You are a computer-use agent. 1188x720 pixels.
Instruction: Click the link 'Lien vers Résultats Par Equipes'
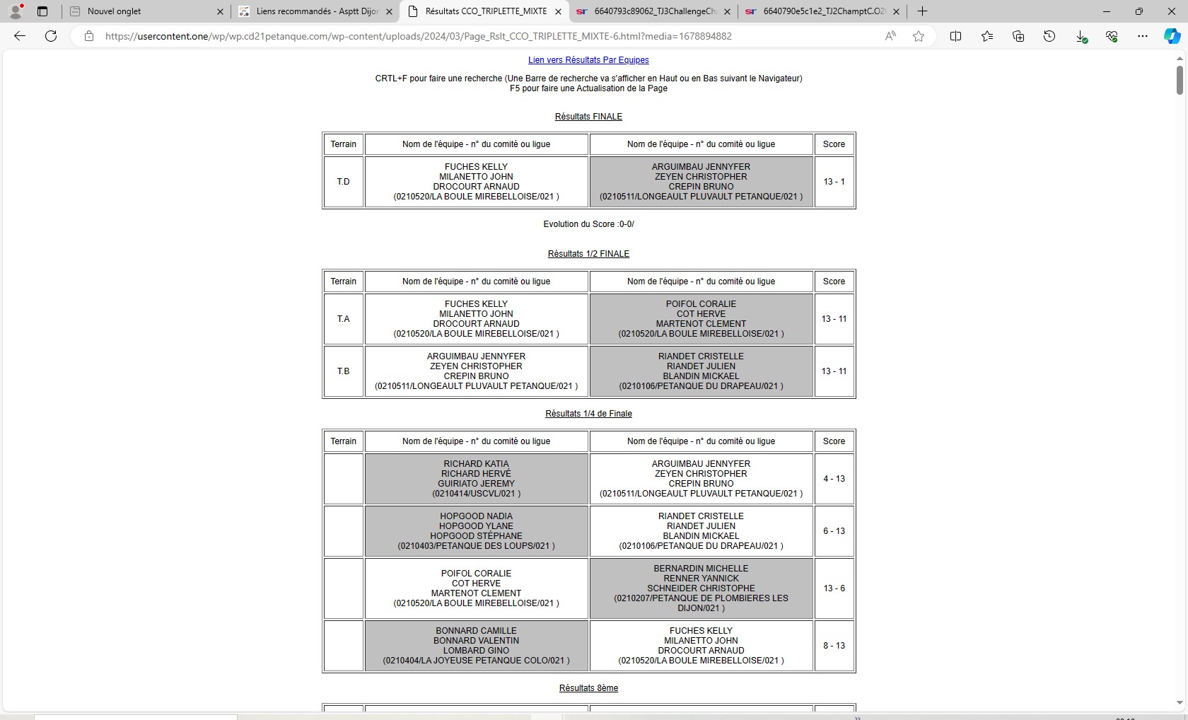tap(588, 60)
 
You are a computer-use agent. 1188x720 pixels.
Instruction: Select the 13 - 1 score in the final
tap(834, 182)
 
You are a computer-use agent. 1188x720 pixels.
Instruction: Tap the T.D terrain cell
tap(343, 182)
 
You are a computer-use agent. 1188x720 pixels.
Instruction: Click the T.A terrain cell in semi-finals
tap(343, 319)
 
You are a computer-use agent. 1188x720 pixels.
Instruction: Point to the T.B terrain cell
tap(343, 371)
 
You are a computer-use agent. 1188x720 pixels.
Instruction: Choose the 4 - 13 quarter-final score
tap(834, 479)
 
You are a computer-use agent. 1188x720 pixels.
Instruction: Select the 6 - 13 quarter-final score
tap(834, 531)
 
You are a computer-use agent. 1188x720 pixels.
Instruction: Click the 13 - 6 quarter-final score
tap(834, 588)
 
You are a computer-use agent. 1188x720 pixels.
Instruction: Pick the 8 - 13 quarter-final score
tap(834, 646)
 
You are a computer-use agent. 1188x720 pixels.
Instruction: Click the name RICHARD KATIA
tap(476, 464)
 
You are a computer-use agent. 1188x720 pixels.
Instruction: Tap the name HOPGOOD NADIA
tap(476, 516)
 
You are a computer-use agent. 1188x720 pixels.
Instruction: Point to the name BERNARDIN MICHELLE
tap(701, 569)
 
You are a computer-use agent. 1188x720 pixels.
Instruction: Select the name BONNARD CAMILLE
tap(476, 631)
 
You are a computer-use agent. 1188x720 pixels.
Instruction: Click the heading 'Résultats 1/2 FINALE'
tap(588, 254)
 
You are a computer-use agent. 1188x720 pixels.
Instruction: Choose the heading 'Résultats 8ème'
tap(588, 688)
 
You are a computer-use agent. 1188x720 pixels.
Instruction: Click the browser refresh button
tap(51, 36)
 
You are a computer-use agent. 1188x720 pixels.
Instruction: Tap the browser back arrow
tap(20, 36)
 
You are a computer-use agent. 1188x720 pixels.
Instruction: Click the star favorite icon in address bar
tap(919, 36)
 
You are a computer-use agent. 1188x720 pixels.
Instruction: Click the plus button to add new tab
tap(922, 11)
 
